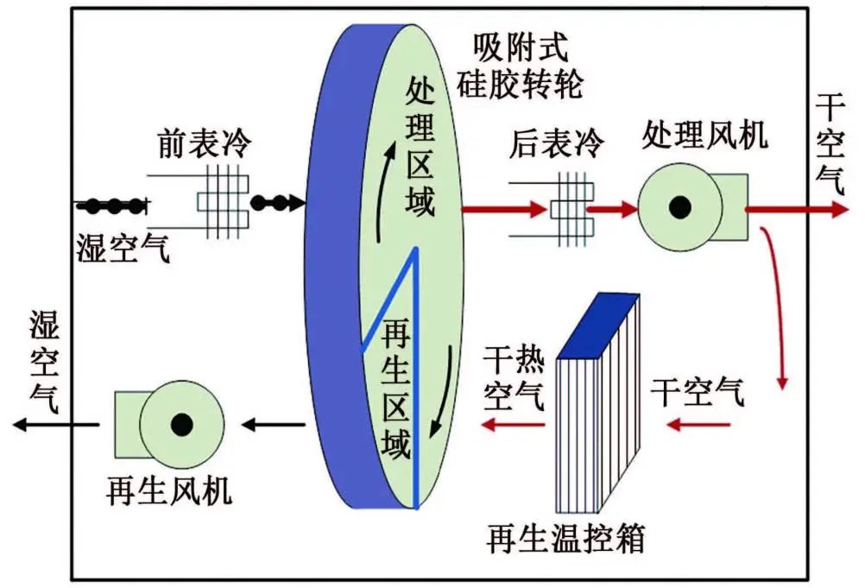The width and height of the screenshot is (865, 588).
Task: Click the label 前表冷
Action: tap(204, 143)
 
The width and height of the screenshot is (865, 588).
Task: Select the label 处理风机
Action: tap(704, 135)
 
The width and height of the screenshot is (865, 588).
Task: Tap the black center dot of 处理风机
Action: tap(680, 207)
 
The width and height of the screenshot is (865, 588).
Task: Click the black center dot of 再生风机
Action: tap(181, 424)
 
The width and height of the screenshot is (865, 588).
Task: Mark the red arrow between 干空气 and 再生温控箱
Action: tap(699, 424)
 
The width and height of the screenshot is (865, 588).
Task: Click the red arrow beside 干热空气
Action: tap(513, 424)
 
